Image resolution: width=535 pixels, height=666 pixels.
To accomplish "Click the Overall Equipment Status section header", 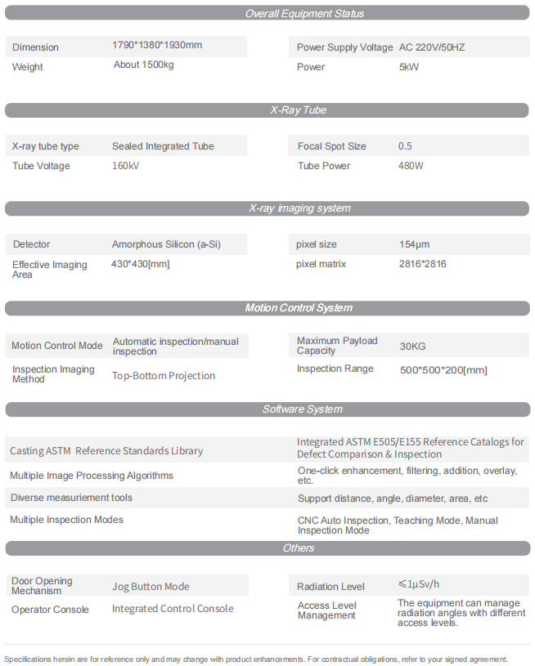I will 304,13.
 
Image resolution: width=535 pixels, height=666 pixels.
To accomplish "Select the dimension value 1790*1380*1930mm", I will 157,45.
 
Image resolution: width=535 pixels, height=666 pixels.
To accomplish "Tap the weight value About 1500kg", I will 144,65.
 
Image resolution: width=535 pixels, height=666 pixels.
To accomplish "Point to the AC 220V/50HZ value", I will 431,47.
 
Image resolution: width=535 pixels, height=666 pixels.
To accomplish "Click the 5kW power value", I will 409,67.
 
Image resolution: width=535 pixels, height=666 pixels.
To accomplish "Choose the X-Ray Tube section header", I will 299,110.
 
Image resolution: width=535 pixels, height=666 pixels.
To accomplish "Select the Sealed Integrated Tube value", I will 163,146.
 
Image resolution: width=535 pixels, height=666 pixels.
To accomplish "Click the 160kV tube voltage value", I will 125,166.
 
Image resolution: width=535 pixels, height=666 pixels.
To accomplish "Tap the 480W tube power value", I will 411,166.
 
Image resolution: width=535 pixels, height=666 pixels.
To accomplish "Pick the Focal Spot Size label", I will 331,146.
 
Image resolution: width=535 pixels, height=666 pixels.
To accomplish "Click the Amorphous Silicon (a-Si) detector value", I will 166,244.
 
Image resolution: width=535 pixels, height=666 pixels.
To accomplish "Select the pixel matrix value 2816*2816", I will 422,264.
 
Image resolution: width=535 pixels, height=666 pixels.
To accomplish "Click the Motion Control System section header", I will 299,308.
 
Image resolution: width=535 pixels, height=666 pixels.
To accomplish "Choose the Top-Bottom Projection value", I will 164,376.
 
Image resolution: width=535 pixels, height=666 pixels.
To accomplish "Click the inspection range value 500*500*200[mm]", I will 443,370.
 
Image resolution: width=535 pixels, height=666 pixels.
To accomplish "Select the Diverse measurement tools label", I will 71,498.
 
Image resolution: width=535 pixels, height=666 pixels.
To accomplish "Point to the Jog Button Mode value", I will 151,587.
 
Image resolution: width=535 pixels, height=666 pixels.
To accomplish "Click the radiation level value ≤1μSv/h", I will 418,584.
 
